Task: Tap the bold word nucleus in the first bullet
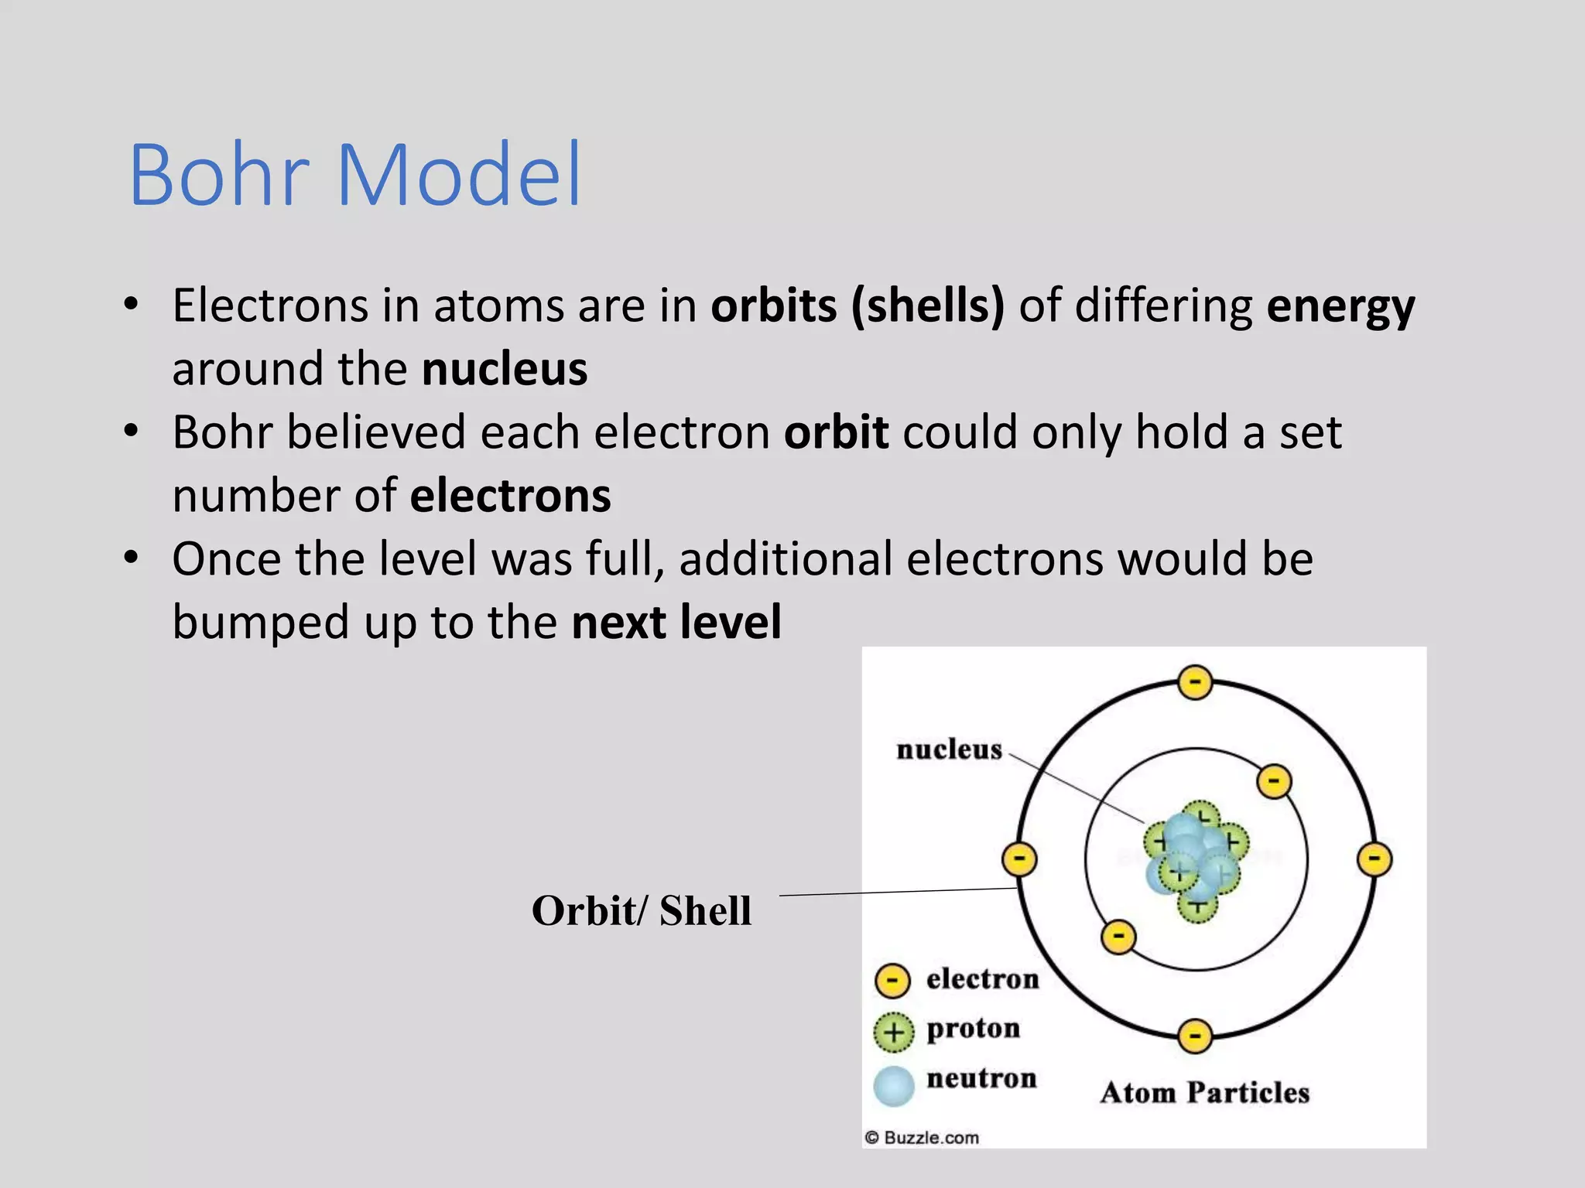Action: point(505,369)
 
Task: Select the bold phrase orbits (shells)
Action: point(858,306)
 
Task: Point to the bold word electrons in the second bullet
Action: point(511,496)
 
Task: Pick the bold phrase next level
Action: point(676,622)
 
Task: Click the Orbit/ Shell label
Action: point(641,910)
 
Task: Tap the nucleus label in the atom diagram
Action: point(949,749)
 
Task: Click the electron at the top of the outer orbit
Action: point(1195,682)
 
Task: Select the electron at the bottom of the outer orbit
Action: point(1195,1036)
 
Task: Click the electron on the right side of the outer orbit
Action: point(1374,859)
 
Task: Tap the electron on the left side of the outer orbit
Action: point(1019,859)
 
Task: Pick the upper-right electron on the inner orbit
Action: point(1274,781)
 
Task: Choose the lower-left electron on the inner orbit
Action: point(1118,937)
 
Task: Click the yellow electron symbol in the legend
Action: point(892,981)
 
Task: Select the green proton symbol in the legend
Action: point(893,1032)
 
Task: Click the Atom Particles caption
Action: point(1204,1092)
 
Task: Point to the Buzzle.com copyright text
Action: point(923,1137)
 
